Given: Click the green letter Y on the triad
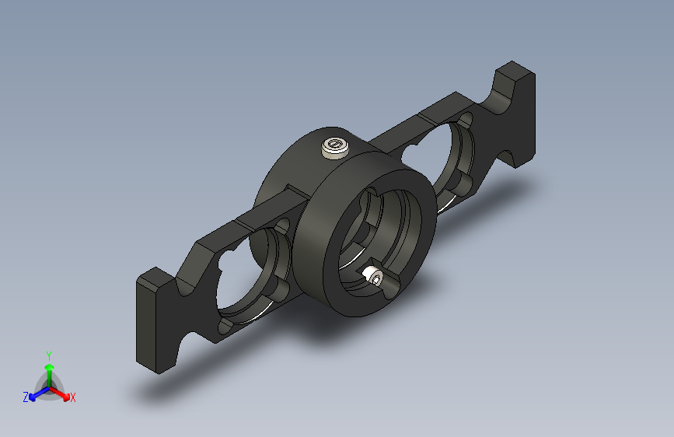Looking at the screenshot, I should point(48,353).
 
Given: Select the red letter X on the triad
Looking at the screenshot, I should point(73,398).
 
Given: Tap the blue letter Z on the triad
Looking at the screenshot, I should point(26,397).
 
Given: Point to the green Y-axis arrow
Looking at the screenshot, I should point(48,369).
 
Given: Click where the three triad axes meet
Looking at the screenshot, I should point(49,385).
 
